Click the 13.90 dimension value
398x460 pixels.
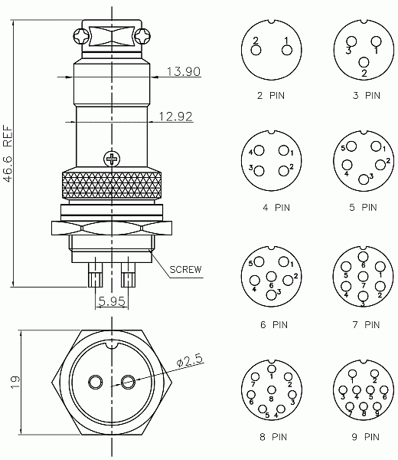184,71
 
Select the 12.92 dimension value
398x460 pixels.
176,117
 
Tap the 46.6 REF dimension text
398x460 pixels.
8,154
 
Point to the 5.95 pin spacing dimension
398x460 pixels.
112,301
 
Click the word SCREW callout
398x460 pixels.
186,269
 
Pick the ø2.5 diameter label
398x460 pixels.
190,360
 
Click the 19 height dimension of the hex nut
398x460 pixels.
15,383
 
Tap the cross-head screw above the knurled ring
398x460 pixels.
112,159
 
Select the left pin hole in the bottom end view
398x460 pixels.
96,383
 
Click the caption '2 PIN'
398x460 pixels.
271,96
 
